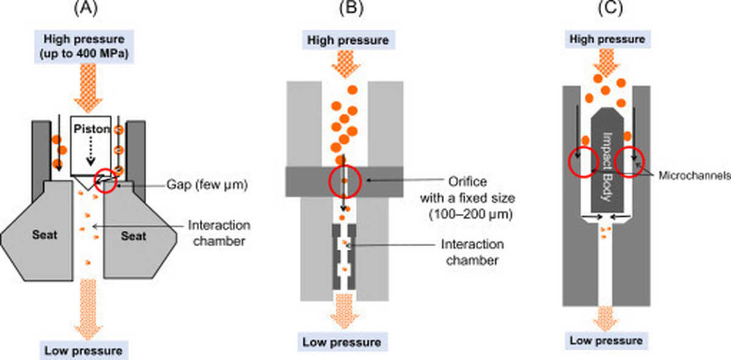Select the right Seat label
tap(133, 235)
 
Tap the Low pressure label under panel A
tap(83, 350)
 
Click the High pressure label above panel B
tap(348, 40)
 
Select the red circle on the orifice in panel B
tap(345, 181)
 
